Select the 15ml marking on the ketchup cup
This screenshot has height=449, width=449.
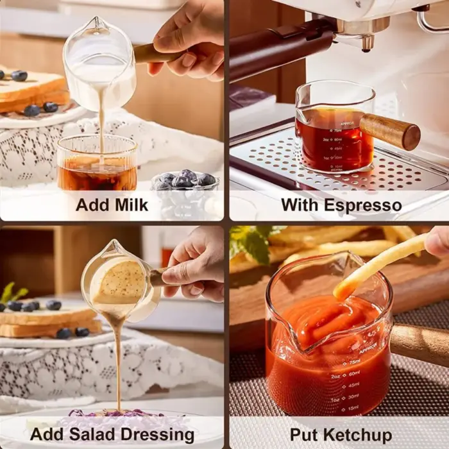coord(352,407)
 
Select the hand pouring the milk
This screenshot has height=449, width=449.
coord(189,42)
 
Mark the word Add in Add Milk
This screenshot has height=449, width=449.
coord(94,205)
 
